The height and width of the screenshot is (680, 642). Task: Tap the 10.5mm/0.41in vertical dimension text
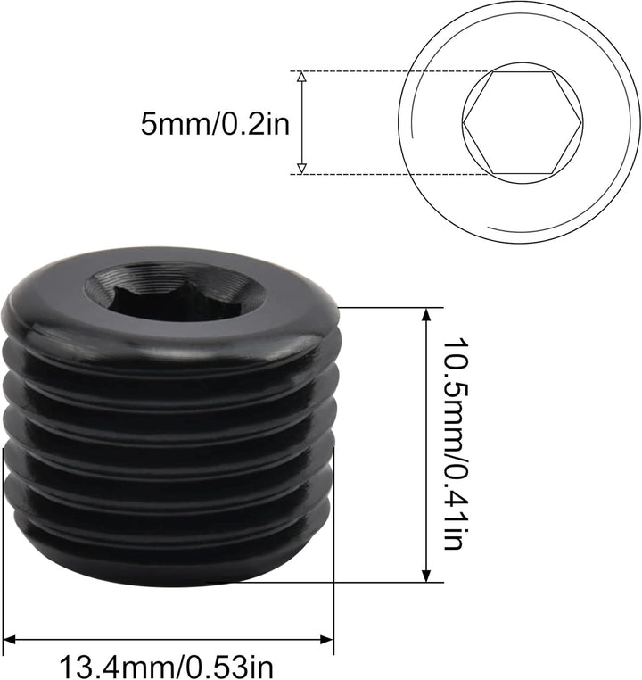[452, 444]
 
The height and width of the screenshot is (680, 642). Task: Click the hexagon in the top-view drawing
[523, 122]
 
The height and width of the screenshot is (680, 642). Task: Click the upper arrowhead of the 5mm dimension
[301, 79]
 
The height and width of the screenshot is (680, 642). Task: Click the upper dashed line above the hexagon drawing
[383, 71]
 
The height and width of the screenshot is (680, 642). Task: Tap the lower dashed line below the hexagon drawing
[383, 174]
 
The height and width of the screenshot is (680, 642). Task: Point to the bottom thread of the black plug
[169, 558]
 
